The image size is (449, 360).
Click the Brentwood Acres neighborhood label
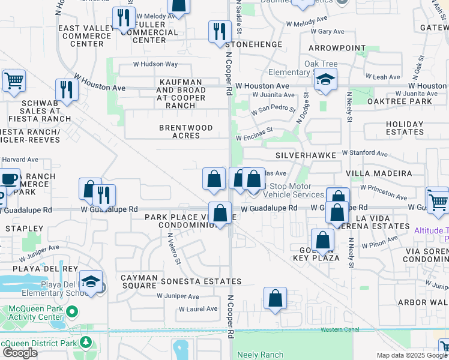185,132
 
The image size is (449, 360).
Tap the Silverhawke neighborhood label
303,155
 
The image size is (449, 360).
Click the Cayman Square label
139,282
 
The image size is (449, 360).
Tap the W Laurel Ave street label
198,309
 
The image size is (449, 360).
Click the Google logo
20,352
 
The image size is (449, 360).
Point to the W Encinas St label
254,137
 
